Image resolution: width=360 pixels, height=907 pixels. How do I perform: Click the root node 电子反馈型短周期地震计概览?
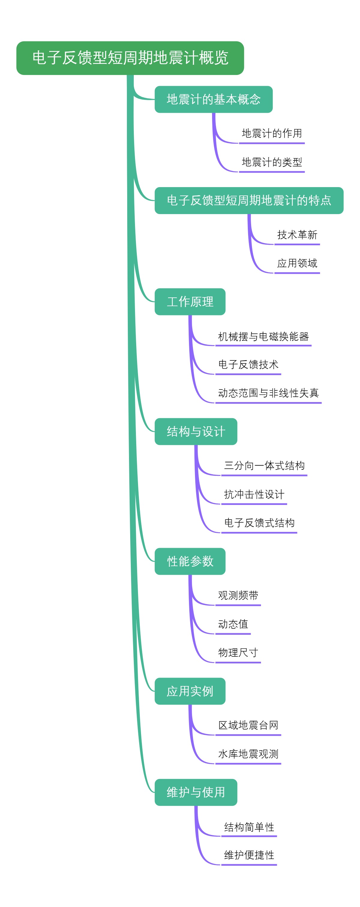(x=130, y=58)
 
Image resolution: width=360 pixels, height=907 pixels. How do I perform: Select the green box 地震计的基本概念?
(x=214, y=99)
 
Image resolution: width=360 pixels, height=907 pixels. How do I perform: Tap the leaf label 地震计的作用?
(x=271, y=133)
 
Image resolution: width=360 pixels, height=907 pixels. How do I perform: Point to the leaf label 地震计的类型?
(x=271, y=162)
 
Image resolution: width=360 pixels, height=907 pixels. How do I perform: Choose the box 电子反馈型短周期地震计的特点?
(x=249, y=200)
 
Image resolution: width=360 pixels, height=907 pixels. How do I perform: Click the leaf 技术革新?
(x=297, y=235)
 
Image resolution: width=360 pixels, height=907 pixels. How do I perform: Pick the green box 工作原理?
(x=190, y=302)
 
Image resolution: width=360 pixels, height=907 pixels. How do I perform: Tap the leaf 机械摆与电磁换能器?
(x=263, y=337)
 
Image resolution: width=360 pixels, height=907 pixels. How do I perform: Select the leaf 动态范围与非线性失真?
(x=268, y=393)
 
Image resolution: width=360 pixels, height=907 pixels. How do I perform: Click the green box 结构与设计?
(x=196, y=431)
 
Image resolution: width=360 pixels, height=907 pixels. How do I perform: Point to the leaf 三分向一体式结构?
(x=264, y=466)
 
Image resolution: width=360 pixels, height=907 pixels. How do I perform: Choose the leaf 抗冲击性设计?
(x=254, y=494)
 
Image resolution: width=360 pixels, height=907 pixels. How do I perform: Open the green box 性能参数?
(x=190, y=561)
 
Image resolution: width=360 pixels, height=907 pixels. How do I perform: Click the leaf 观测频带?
(x=238, y=595)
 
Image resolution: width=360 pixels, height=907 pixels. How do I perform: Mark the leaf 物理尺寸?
(x=238, y=652)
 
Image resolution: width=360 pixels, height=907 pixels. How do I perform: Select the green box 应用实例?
(x=190, y=691)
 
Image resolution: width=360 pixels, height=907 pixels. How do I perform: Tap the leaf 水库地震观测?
(x=248, y=754)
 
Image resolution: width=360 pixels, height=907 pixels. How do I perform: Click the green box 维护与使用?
(x=196, y=792)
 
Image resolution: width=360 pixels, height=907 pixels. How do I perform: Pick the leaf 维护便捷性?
(x=249, y=855)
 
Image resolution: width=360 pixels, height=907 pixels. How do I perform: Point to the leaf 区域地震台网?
(x=248, y=725)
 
